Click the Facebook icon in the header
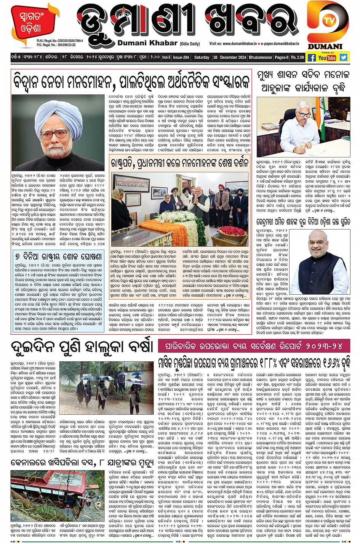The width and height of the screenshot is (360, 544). click(x=312, y=58)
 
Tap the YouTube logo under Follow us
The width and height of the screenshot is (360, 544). click(x=327, y=58)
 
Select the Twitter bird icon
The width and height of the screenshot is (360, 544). click(x=344, y=58)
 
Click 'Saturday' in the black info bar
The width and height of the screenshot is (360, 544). click(x=202, y=58)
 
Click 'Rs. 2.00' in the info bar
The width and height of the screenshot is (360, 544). click(x=298, y=58)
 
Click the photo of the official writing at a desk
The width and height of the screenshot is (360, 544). click(x=303, y=127)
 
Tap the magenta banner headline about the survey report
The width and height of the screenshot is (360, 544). click(x=254, y=346)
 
